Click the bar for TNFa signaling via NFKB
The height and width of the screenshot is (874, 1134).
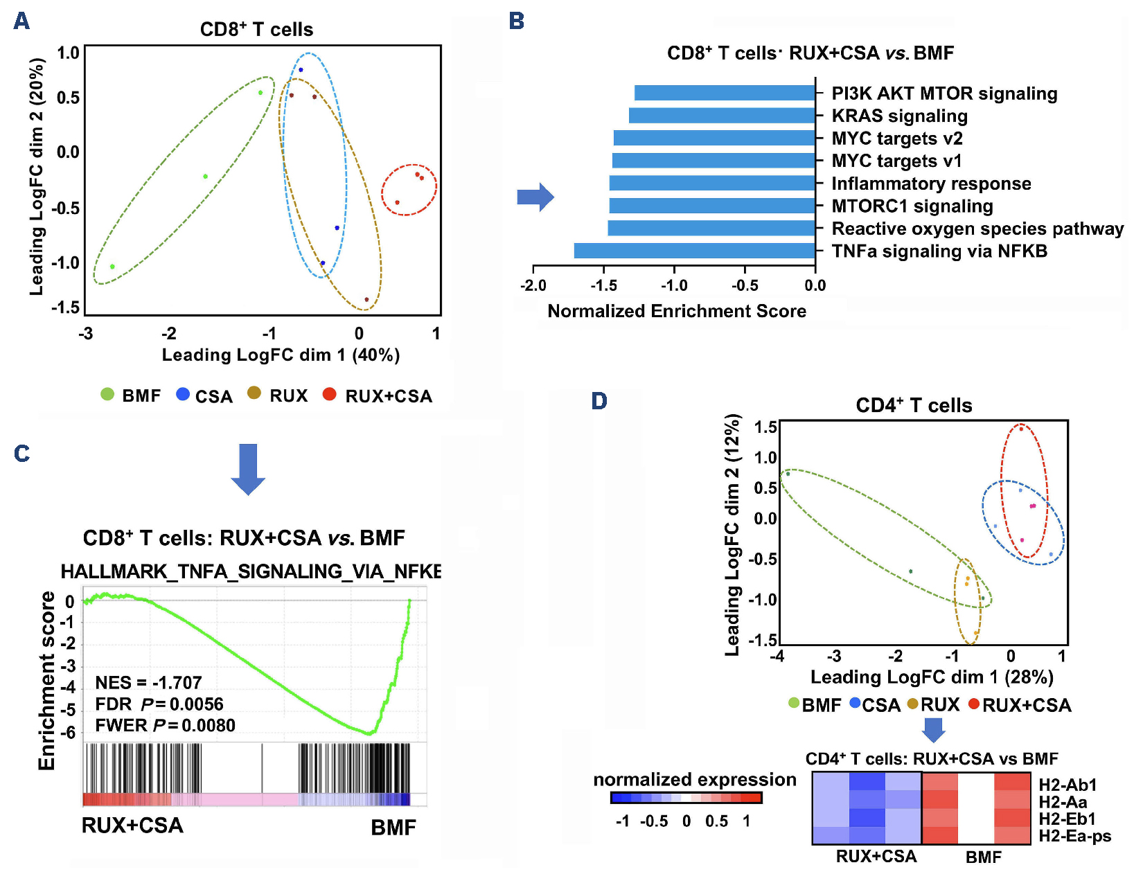tap(694, 251)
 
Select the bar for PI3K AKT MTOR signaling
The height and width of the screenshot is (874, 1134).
tap(725, 93)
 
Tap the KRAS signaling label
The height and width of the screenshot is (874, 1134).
tap(899, 116)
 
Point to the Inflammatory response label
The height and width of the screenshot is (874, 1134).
tap(931, 184)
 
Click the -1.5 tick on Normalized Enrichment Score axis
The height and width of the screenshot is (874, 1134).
tap(604, 285)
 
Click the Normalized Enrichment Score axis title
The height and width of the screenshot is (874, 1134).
tap(677, 311)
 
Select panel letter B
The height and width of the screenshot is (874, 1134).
tap(516, 21)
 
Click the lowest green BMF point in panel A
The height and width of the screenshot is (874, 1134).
tap(112, 267)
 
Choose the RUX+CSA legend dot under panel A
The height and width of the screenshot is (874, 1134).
tap(330, 394)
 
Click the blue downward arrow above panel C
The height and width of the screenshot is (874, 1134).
tap(247, 469)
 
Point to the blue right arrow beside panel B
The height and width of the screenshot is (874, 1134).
tap(535, 197)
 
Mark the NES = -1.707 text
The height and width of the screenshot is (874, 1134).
tap(148, 683)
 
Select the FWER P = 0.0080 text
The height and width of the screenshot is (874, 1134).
tap(165, 725)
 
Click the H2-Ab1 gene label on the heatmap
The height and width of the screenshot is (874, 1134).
tap(1067, 785)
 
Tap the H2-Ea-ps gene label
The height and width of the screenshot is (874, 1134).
tap(1074, 836)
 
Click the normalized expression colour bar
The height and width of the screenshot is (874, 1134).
tap(686, 798)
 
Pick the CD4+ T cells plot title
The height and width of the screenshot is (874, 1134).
tap(914, 405)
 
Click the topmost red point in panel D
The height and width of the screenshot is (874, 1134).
tap(1021, 429)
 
